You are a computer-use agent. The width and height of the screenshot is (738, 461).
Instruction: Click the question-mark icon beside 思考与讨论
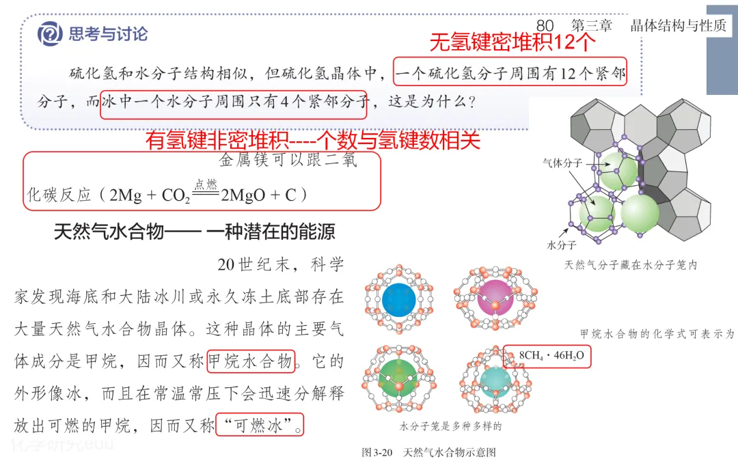coord(50,32)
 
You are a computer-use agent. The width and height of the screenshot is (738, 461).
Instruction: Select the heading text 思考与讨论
coord(108,33)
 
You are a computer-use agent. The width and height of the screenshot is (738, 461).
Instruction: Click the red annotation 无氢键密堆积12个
coord(512,43)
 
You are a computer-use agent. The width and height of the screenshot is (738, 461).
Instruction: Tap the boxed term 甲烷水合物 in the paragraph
coord(251,361)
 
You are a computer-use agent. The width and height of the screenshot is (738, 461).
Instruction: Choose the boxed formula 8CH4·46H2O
coord(547,356)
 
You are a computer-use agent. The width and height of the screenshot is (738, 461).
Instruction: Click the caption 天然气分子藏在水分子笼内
coord(629,264)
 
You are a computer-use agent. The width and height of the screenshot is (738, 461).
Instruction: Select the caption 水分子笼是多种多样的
coord(450,427)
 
